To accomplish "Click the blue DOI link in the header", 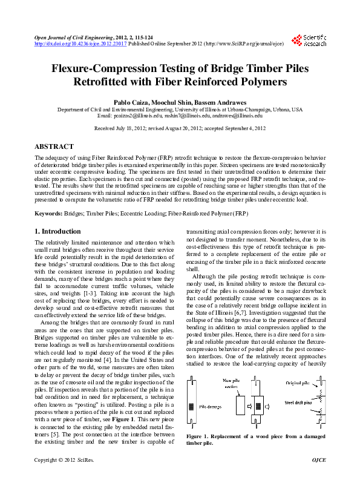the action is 81,44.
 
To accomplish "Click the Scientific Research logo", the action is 309,40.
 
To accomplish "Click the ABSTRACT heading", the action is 54,146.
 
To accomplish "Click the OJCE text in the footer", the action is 318,477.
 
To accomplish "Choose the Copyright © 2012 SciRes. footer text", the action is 64,477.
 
